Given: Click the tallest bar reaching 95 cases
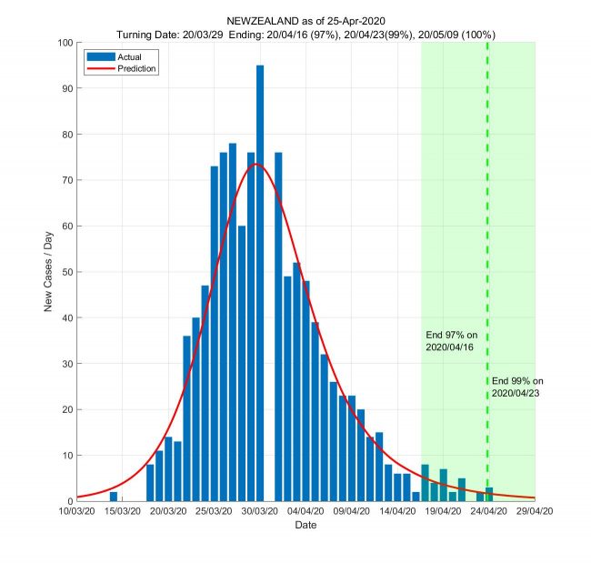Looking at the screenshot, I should pyautogui.click(x=260, y=282).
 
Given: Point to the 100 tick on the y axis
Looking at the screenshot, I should pyautogui.click(x=66, y=43).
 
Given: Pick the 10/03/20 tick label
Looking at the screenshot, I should pyautogui.click(x=77, y=512).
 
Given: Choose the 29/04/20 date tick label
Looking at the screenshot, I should pyautogui.click(x=534, y=512).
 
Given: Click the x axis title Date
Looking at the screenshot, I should pyautogui.click(x=306, y=526).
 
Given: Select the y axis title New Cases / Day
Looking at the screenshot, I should pyautogui.click(x=49, y=271).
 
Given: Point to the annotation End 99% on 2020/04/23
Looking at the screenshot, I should pyautogui.click(x=517, y=387).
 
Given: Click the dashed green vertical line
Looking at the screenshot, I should pyautogui.click(x=487, y=227).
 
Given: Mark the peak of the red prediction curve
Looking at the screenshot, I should pyautogui.click(x=256, y=164).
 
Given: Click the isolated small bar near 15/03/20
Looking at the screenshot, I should pyautogui.click(x=114, y=497).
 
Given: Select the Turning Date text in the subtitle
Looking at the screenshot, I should pyautogui.click(x=150, y=35).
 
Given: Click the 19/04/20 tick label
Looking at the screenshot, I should pyautogui.click(x=443, y=512).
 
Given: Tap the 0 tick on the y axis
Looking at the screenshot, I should pyautogui.click(x=71, y=501).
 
